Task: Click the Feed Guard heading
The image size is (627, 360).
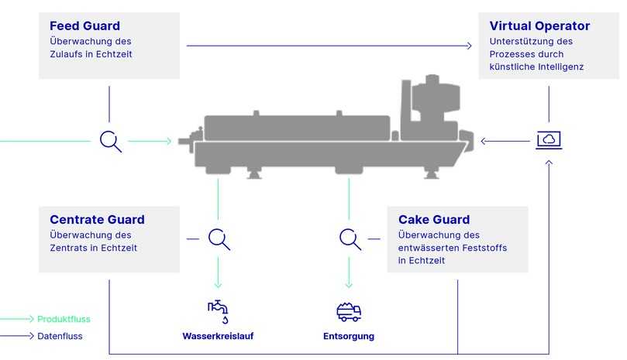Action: coord(84,26)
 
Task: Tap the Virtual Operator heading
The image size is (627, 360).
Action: coord(539,26)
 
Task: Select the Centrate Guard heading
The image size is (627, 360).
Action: coord(97,220)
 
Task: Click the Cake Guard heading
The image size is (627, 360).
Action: coord(434,220)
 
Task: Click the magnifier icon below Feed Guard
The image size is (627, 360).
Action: coord(111,141)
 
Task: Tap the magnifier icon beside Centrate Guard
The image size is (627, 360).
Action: coord(219,239)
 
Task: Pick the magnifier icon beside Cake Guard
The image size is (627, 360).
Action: coord(350,239)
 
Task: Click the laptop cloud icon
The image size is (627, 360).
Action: coord(549,140)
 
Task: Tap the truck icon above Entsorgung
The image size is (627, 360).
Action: coord(349,311)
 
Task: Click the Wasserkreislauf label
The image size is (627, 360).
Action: coord(218,336)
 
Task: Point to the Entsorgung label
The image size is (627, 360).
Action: coord(349,336)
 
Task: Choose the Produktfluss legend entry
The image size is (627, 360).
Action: coord(64,319)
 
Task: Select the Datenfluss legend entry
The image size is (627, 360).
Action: coord(60,336)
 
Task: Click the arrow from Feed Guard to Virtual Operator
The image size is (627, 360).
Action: coord(329,46)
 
